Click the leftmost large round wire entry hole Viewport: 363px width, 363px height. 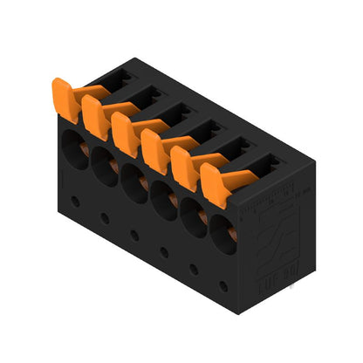coord(72,140)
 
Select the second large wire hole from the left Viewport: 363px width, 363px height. coord(103,159)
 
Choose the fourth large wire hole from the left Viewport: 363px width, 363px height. coord(164,195)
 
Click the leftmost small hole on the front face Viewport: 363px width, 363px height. coord(75,201)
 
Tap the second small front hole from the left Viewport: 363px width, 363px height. coord(105,218)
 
